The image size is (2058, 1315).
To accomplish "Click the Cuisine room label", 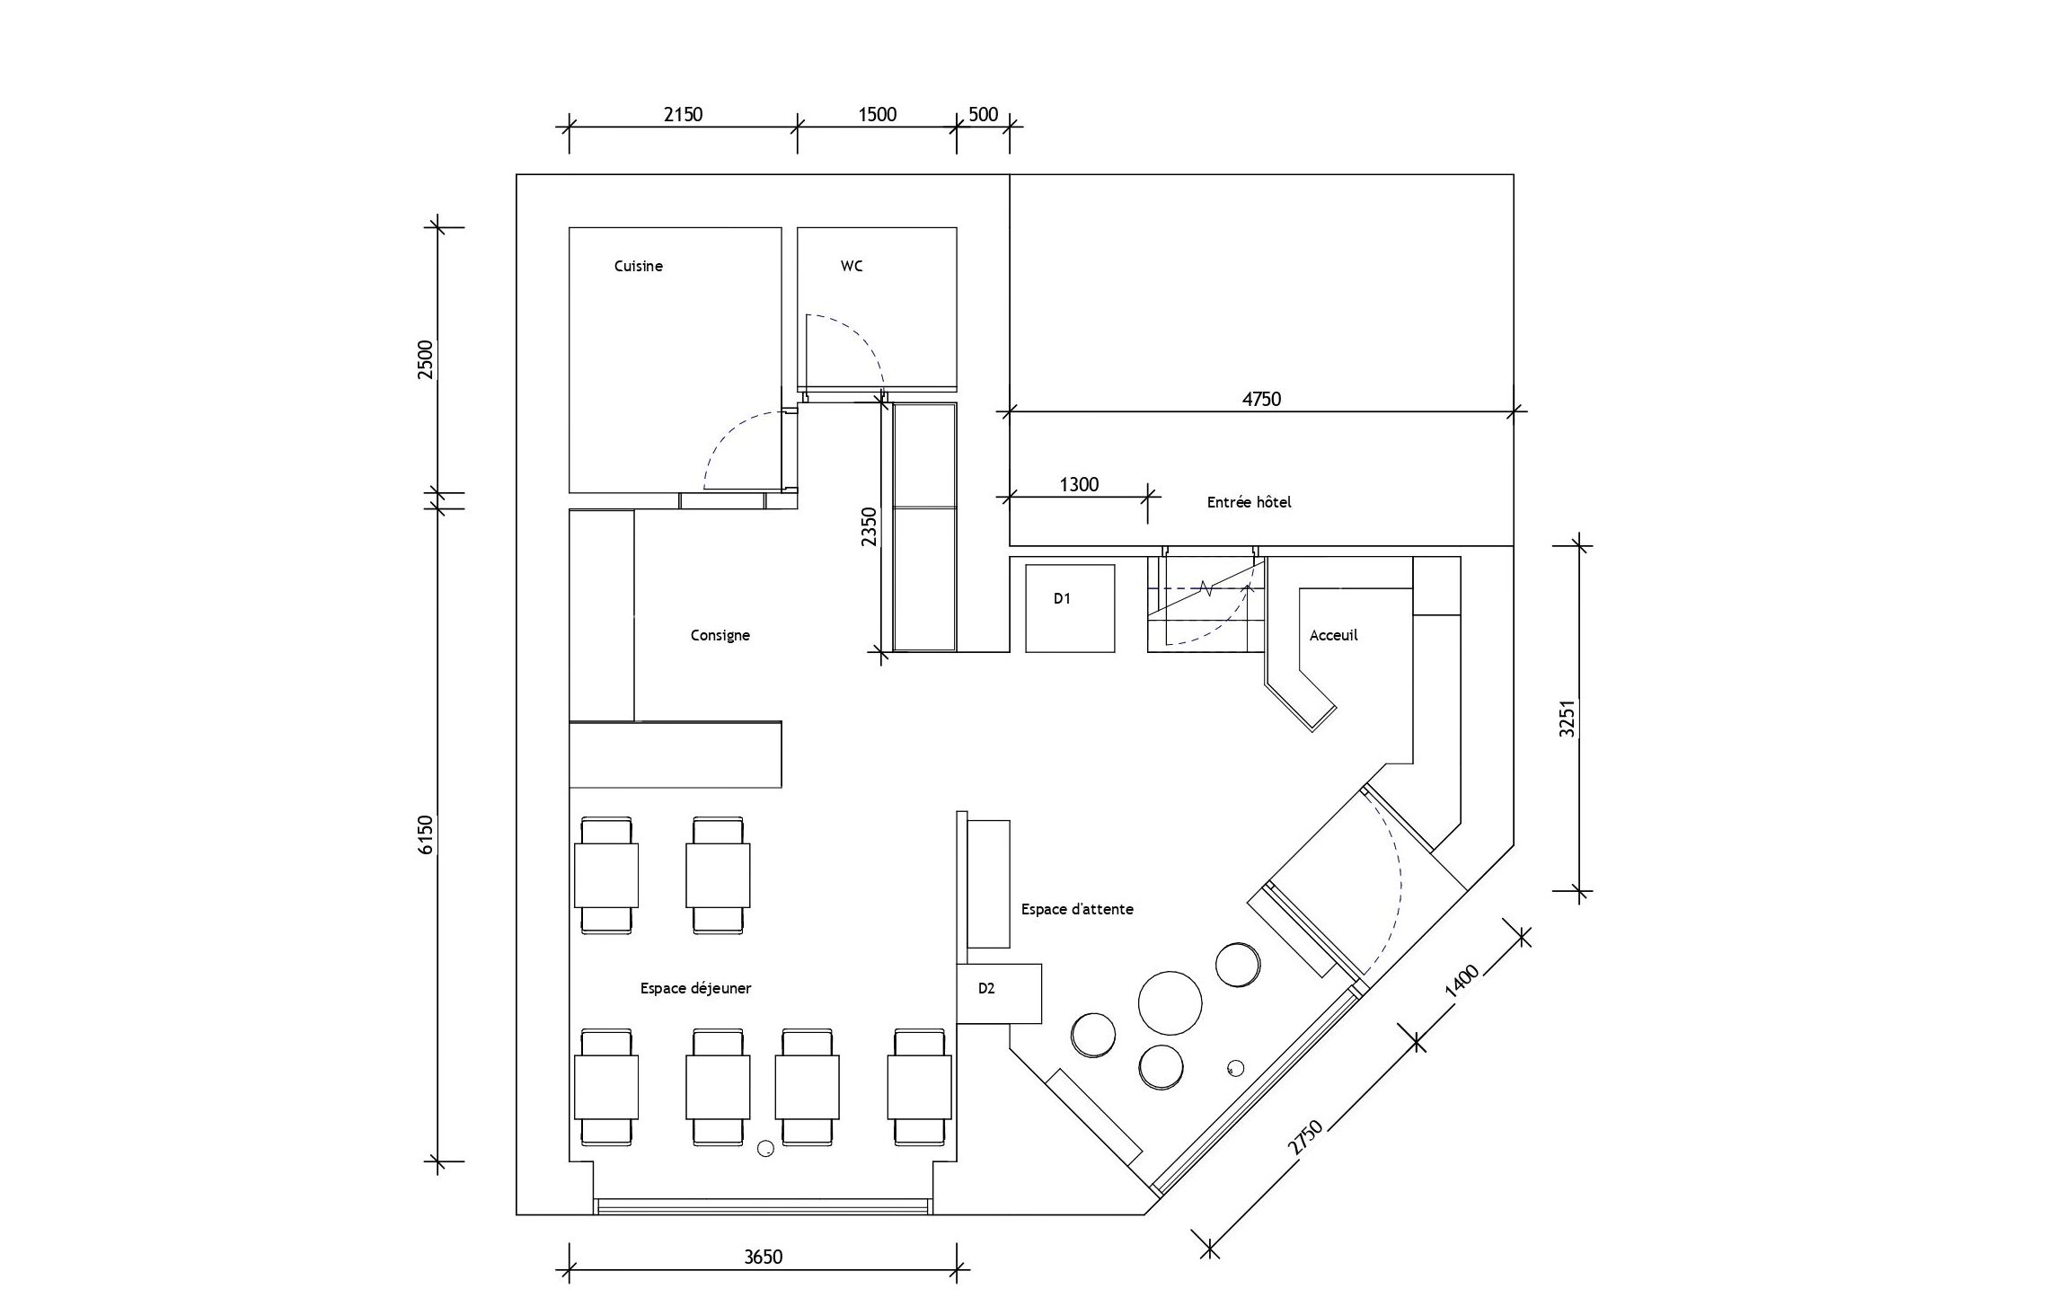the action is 639,266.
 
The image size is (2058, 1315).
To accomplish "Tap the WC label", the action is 852,266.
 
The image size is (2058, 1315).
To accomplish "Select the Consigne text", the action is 720,635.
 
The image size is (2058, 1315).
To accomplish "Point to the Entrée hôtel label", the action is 1249,502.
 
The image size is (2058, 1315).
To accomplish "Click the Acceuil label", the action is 1333,635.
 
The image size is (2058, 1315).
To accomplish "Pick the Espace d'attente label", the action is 1077,909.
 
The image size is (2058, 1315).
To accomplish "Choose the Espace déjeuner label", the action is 695,988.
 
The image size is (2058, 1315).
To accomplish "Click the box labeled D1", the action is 1070,608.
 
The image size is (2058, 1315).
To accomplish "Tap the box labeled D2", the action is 999,993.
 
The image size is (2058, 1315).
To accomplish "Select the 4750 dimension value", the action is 1261,399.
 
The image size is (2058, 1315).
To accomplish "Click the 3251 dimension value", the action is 1568,719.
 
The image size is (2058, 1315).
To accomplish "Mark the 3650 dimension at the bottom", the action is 763,1257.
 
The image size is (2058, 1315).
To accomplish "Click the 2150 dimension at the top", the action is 683,114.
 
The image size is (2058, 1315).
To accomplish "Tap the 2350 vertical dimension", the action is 869,527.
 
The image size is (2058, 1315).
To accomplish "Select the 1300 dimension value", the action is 1079,485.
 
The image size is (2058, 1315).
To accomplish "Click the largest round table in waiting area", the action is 1170,1003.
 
